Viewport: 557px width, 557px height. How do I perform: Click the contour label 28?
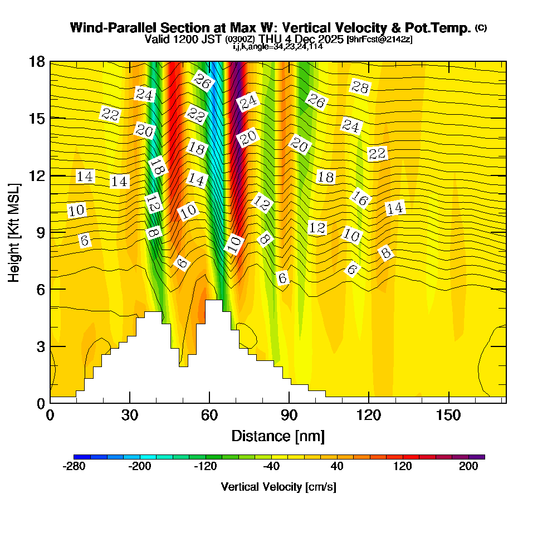360,86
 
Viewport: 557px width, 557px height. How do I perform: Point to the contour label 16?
360,198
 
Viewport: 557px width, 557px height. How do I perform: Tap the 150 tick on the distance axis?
448,415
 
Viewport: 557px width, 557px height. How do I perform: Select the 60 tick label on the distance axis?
209,415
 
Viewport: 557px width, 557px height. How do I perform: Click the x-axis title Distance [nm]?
278,435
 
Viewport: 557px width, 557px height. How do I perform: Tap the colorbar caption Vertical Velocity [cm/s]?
278,487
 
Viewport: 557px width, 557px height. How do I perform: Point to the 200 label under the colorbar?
468,467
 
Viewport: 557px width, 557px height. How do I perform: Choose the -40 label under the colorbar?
271,467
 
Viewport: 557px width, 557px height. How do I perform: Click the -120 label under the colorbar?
206,467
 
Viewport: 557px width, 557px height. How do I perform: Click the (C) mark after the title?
481,28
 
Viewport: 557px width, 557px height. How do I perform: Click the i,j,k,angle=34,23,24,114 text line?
278,46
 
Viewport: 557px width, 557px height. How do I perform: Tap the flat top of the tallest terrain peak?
213,300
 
